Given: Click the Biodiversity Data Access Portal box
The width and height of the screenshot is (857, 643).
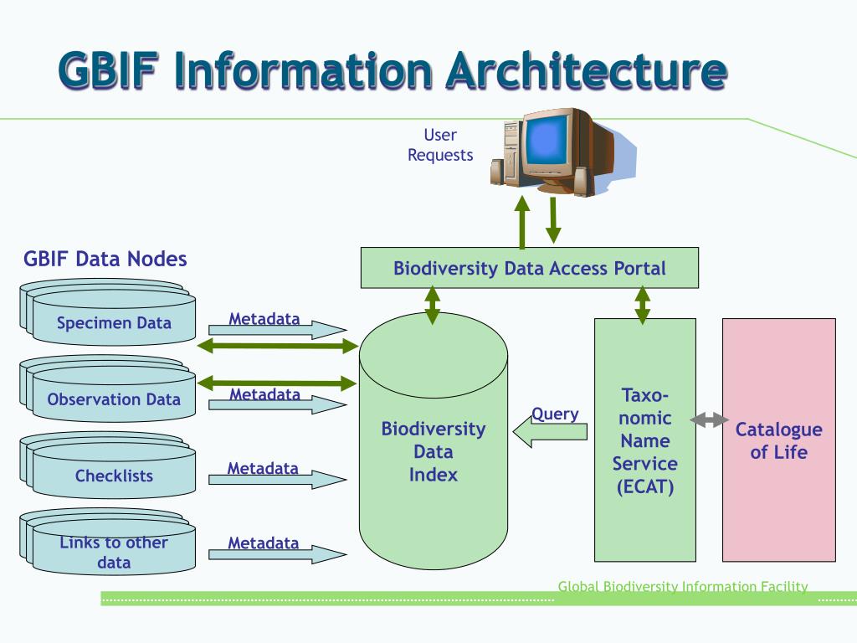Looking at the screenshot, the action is (x=529, y=268).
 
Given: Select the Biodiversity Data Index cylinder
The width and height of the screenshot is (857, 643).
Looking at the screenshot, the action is (x=434, y=440).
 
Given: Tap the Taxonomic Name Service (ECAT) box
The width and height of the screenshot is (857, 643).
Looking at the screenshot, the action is (x=645, y=440).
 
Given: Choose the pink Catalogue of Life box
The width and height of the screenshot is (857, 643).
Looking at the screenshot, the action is (x=779, y=440).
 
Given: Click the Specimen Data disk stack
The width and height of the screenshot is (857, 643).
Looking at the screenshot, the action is (x=108, y=312).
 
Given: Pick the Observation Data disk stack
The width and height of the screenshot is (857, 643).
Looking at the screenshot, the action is (x=108, y=388).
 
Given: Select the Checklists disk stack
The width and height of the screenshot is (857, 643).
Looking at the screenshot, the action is (x=108, y=466).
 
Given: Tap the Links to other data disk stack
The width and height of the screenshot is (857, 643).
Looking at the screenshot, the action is (x=108, y=542).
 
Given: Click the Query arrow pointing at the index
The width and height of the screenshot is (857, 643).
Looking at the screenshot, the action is (x=550, y=431).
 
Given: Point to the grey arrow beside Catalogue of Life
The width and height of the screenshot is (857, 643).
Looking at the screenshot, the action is (x=709, y=420).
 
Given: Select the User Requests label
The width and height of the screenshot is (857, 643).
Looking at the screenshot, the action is (x=440, y=145).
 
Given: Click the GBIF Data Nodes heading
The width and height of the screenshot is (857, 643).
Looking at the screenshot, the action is (x=105, y=259).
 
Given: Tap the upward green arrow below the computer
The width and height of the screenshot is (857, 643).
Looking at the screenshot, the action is (x=522, y=222).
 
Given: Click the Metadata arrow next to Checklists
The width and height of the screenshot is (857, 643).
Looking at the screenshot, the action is (x=278, y=480).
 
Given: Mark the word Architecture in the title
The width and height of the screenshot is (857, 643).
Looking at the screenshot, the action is (x=587, y=71).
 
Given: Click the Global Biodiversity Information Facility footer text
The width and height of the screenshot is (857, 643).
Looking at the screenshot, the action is (x=683, y=587).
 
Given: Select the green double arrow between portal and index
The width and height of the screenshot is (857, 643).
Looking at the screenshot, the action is (x=433, y=305).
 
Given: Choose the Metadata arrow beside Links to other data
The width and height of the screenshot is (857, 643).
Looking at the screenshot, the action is (x=278, y=554).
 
